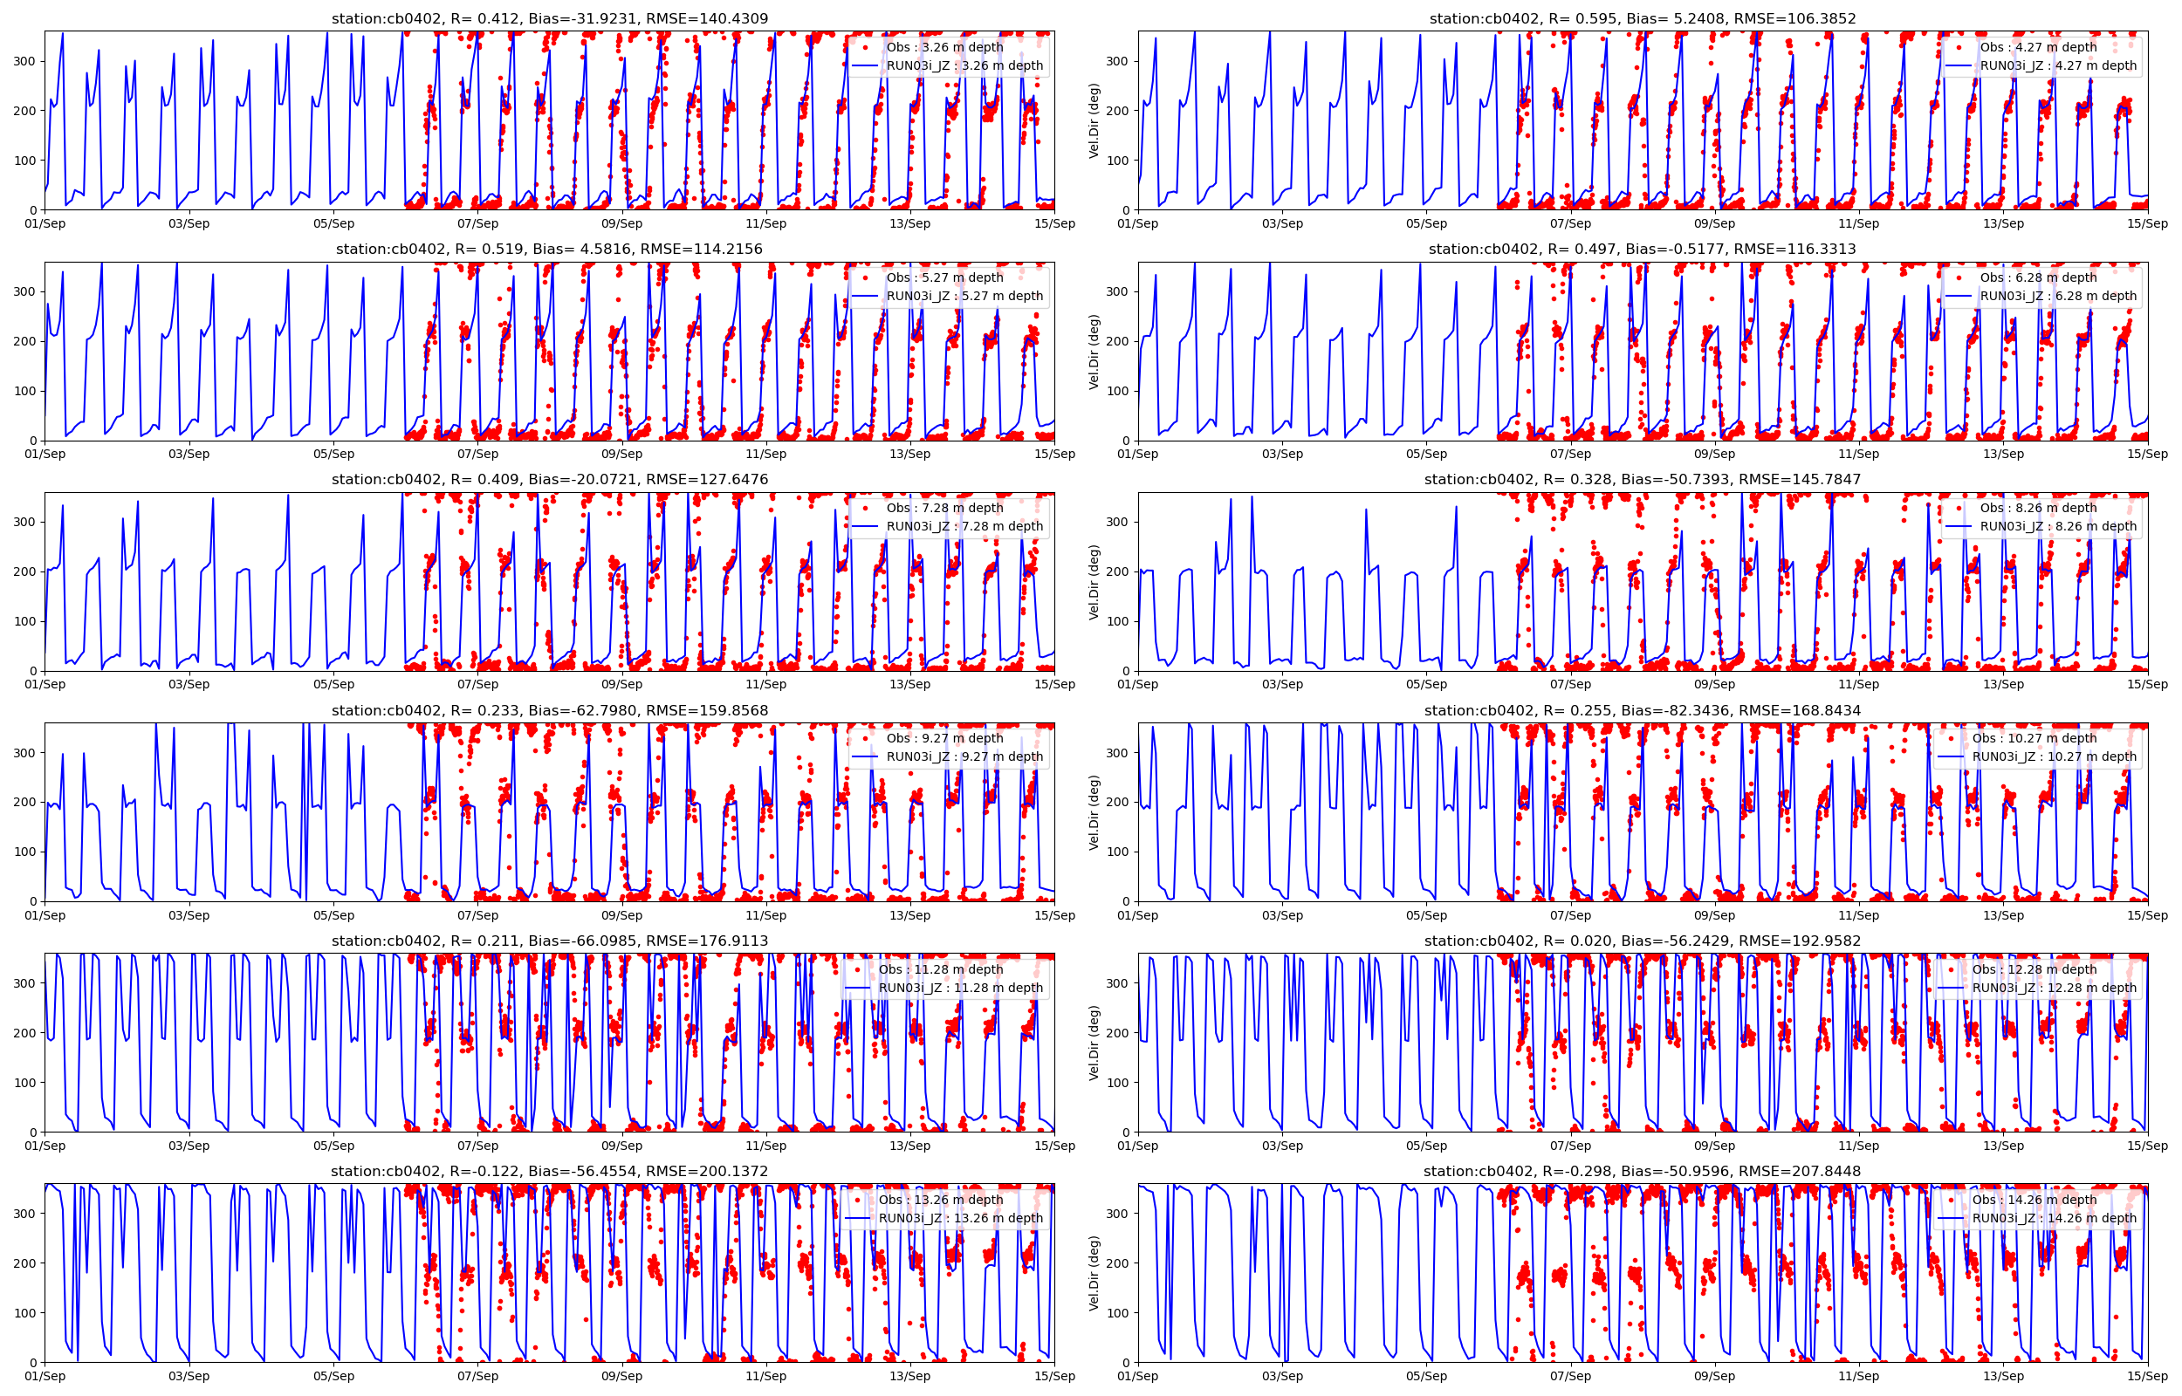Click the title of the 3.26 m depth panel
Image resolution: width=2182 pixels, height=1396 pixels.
coord(549,18)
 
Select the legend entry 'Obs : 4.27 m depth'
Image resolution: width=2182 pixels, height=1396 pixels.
coord(2038,47)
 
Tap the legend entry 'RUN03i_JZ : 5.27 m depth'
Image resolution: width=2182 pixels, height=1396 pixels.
coord(964,296)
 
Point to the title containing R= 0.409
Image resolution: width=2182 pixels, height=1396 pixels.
coord(549,480)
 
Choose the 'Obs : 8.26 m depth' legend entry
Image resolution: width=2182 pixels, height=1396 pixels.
coord(2038,508)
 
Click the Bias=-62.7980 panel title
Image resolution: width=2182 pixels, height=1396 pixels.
coord(549,711)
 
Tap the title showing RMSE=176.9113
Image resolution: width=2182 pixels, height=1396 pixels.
coord(549,941)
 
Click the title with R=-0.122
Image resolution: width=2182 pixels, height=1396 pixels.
coord(549,1171)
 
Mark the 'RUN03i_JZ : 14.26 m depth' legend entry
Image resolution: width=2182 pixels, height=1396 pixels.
coord(2055,1218)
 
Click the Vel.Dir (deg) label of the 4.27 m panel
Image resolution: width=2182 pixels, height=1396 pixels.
coord(1094,120)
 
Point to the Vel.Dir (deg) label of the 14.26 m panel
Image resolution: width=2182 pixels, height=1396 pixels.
coord(1094,1273)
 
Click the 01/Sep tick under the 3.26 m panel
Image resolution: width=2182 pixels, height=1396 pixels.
coord(45,224)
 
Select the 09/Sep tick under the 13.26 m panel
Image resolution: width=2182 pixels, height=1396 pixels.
coord(622,1376)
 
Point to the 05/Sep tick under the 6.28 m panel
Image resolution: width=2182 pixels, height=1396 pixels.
coord(1426,455)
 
